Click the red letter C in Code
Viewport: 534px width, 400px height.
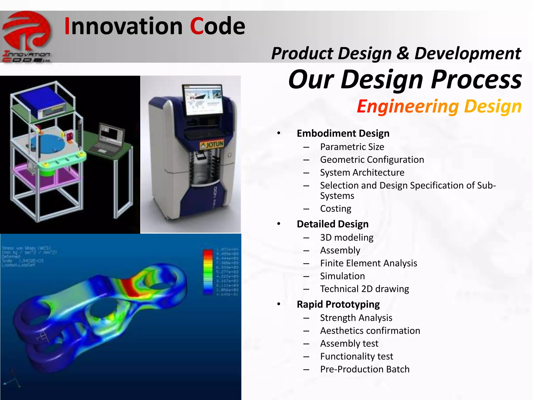pos(197,26)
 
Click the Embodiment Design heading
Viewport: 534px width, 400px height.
pos(343,133)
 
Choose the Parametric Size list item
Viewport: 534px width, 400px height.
pos(352,147)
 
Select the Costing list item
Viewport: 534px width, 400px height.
pos(336,209)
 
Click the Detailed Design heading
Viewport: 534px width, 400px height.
pos(332,224)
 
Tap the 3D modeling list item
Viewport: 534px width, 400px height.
pos(347,238)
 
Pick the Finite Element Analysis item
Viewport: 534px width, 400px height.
pos(368,263)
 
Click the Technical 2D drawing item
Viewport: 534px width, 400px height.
pos(364,289)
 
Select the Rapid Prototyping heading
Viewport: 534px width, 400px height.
pos(338,304)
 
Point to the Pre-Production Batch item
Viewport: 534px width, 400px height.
pos(365,369)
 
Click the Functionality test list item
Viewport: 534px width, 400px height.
pos(356,356)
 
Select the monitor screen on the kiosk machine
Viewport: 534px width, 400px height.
pos(203,100)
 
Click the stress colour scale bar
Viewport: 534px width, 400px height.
pos(208,272)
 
